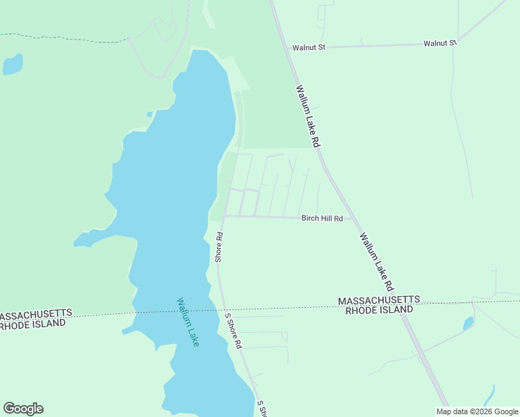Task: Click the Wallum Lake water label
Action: (188, 322)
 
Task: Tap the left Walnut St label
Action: (309, 48)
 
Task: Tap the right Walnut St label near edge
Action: (440, 43)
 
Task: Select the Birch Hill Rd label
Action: (322, 218)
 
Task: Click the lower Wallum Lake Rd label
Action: (377, 261)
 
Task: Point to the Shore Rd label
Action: (218, 247)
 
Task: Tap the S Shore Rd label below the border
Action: (233, 331)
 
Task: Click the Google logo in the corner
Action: (23, 409)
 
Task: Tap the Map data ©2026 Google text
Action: (478, 411)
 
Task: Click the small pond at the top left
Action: (13, 65)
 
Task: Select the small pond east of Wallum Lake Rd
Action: (468, 323)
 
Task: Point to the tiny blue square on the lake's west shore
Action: (149, 114)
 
